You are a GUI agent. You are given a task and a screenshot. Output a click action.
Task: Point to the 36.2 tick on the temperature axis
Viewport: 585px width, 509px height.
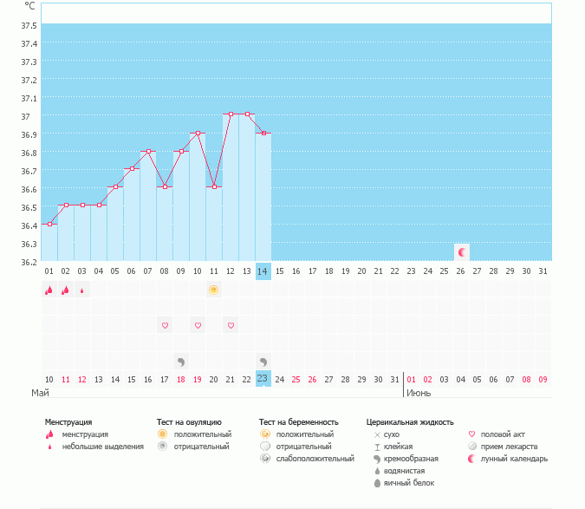tap(29, 261)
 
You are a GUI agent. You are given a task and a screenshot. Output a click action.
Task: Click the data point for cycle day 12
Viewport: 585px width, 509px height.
tap(231, 114)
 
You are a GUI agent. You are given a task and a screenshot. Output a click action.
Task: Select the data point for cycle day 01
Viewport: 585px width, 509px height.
tap(49, 224)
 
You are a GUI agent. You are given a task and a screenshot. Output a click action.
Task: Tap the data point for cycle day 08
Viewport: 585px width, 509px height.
tap(165, 187)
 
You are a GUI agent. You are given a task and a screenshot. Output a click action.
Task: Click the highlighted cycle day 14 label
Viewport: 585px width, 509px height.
tap(263, 271)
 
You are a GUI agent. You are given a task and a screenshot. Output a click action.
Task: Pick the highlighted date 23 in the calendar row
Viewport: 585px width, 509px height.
tap(263, 378)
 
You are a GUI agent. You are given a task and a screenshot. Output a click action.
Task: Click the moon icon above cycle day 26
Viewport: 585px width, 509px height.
tap(462, 252)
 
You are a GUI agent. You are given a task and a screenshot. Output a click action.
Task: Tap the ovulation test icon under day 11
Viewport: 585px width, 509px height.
tap(213, 290)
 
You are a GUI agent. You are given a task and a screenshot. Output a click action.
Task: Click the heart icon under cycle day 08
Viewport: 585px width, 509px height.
tap(165, 325)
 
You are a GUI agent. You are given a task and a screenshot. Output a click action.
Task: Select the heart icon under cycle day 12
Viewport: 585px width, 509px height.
tap(231, 325)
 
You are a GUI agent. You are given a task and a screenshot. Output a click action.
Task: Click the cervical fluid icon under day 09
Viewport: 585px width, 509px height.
tap(181, 361)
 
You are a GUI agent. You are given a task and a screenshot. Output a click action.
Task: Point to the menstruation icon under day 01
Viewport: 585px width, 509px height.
tap(49, 290)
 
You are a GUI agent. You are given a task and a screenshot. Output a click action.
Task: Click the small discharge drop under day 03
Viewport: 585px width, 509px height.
tap(82, 290)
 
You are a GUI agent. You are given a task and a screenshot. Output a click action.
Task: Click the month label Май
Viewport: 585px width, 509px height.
tap(40, 393)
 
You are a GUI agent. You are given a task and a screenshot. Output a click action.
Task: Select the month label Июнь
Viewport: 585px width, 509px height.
tap(419, 393)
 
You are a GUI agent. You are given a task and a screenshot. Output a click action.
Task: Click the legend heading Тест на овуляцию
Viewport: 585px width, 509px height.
tap(189, 421)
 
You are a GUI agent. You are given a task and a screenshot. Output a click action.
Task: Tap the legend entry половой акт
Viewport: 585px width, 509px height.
tap(503, 434)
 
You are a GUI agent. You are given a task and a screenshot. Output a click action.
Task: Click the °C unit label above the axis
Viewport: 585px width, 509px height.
tap(30, 6)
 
